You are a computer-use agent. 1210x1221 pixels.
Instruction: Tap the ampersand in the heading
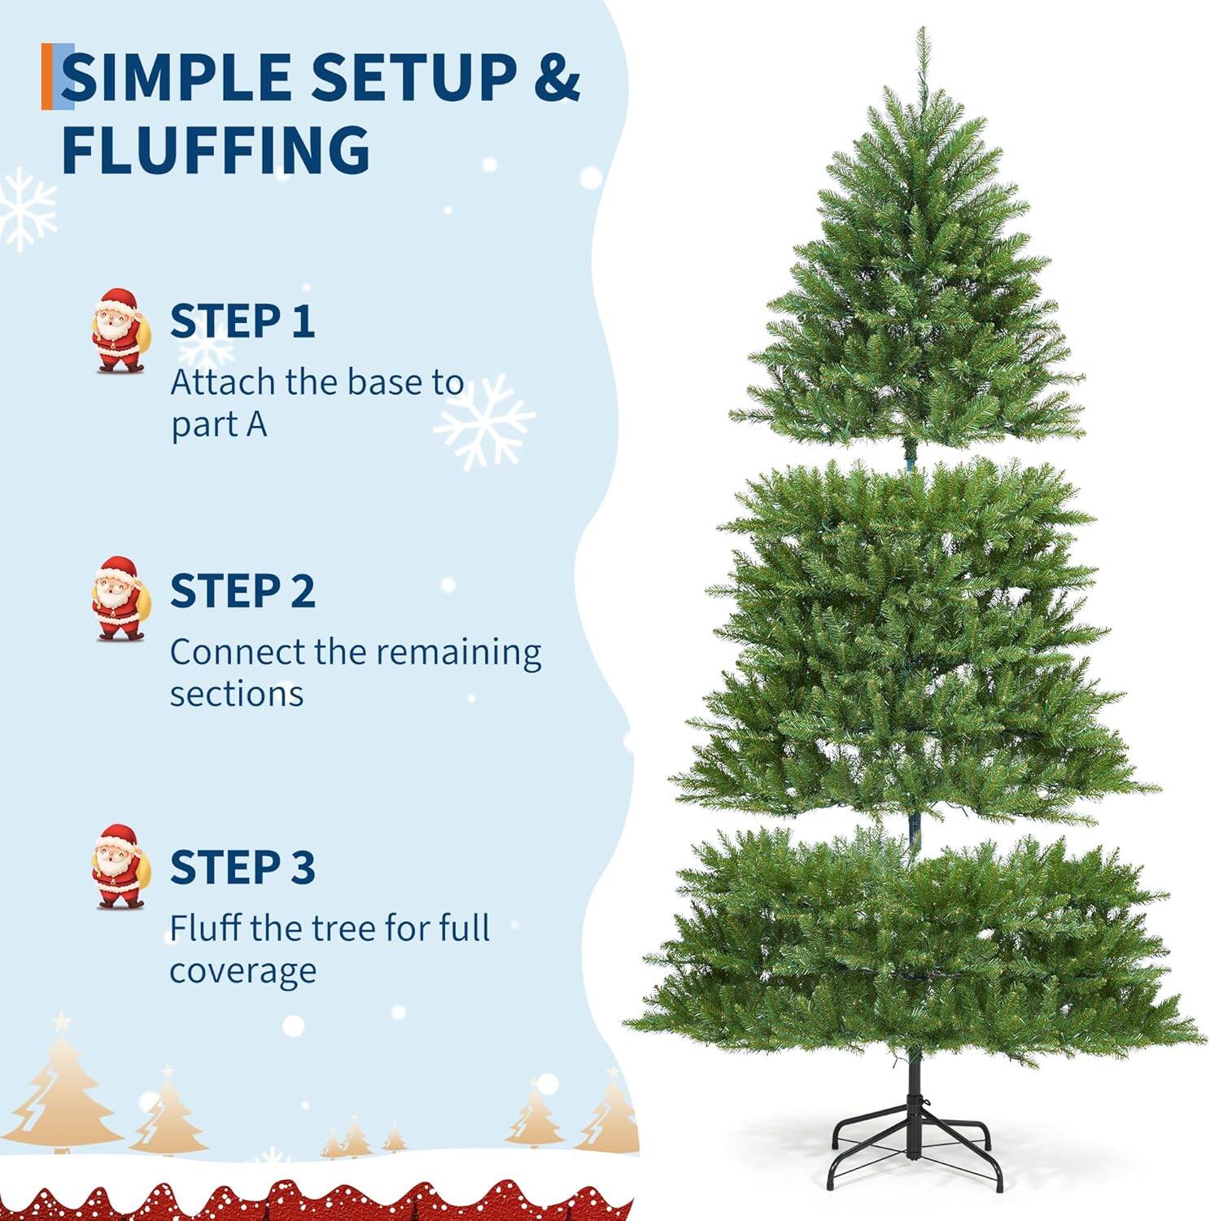(x=555, y=78)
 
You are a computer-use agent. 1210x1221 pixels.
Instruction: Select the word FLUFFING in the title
(x=216, y=150)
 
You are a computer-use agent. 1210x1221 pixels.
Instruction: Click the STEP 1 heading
(x=242, y=321)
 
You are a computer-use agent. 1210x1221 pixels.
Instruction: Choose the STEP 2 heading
(x=242, y=591)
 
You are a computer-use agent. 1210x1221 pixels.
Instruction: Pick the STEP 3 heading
(x=242, y=866)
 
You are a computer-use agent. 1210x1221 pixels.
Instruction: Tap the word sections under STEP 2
(x=236, y=694)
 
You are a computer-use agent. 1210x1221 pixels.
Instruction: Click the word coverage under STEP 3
(x=242, y=971)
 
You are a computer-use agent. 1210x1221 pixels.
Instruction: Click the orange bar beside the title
(x=46, y=77)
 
